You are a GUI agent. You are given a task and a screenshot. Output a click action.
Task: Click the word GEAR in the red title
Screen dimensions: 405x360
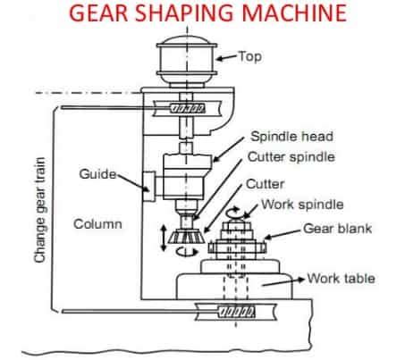(98, 13)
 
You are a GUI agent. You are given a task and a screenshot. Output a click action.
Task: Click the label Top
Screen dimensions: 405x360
(250, 56)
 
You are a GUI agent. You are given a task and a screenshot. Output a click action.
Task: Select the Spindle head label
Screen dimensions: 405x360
(291, 137)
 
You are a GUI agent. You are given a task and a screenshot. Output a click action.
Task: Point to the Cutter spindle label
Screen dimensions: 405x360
(291, 157)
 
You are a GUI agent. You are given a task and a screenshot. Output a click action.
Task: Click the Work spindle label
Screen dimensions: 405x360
(302, 205)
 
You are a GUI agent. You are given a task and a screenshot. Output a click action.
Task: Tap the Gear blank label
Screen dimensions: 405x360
(338, 229)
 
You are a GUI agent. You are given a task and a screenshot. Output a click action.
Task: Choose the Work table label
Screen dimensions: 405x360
(342, 279)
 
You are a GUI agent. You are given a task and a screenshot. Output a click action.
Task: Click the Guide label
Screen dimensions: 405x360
(97, 174)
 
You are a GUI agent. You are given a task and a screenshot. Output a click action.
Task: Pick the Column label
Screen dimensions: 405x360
(97, 224)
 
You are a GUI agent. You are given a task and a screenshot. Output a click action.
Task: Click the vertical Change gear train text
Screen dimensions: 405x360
(40, 210)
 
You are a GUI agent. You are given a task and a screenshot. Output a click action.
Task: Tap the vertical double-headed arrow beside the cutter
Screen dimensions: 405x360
(163, 238)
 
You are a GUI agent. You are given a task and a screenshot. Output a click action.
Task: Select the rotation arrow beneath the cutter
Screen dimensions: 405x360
(187, 252)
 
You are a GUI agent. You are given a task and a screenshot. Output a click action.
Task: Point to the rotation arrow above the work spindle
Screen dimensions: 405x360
(234, 213)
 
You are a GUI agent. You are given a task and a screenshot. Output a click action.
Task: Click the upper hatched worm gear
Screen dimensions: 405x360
(187, 108)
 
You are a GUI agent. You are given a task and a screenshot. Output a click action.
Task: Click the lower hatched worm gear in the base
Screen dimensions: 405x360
(236, 312)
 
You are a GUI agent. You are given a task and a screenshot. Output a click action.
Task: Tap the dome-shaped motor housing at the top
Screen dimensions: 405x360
(187, 61)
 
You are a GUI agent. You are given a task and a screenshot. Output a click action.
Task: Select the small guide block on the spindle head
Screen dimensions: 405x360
(148, 187)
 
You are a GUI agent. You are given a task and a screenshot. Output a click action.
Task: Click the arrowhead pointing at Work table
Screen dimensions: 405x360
(301, 280)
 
